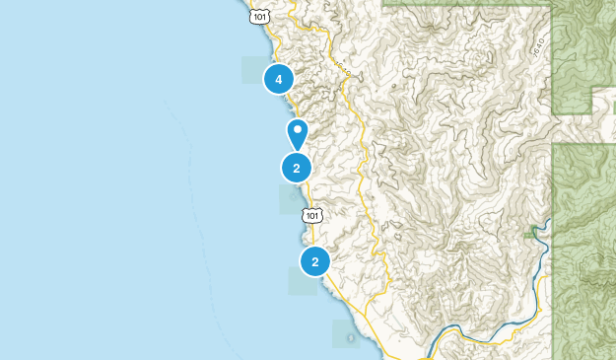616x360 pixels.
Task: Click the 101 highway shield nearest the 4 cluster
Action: tap(258, 16)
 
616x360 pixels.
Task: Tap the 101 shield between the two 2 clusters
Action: tap(312, 215)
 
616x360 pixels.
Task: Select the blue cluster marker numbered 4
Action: tap(279, 79)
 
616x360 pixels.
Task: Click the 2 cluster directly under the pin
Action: tap(297, 168)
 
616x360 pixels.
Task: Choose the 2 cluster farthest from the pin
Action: tap(315, 261)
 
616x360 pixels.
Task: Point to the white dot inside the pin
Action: tap(298, 129)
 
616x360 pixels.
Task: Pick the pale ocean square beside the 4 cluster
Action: tap(253, 70)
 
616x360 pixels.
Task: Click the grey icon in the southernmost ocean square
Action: tap(351, 338)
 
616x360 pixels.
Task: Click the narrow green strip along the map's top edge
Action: tap(463, 3)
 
